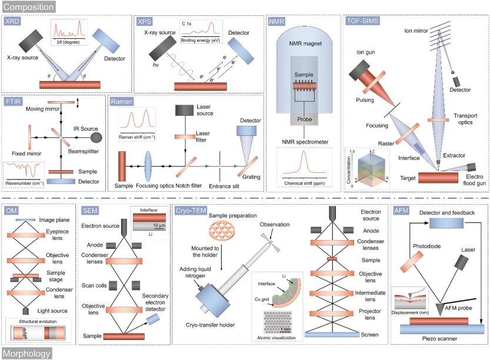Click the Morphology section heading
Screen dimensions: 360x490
click(26, 353)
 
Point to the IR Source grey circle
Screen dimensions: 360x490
click(96, 136)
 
